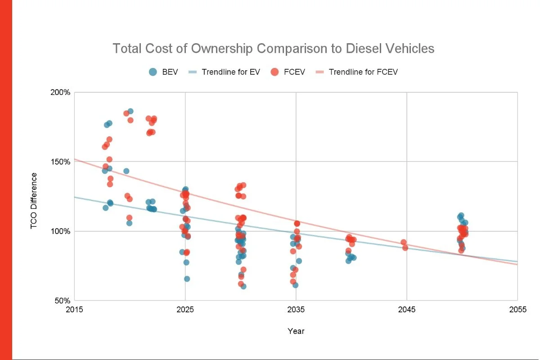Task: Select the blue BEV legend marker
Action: (153, 72)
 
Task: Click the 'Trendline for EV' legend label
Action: (231, 72)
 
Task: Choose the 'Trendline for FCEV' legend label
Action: (363, 72)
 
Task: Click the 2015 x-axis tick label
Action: (75, 310)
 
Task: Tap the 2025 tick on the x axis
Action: (185, 310)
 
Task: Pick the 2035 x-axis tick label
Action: (296, 310)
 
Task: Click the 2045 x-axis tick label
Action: (407, 310)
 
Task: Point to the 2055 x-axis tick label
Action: (517, 310)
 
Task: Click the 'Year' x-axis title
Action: (296, 331)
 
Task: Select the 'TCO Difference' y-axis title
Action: (34, 201)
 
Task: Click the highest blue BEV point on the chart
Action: (130, 111)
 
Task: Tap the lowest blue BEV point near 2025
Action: (187, 279)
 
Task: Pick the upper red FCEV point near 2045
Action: (404, 242)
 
